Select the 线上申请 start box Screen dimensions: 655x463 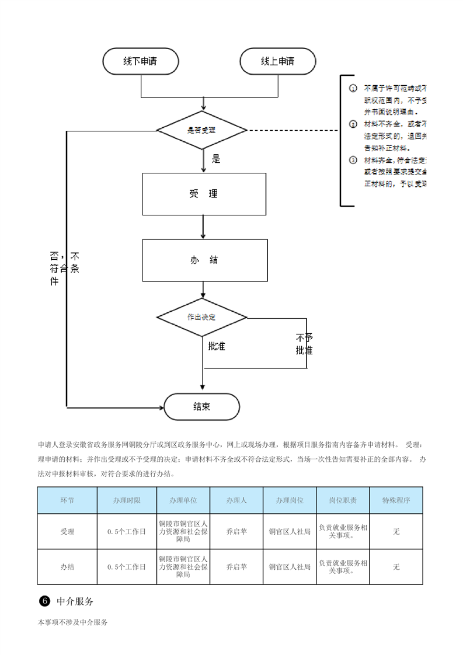[277, 61]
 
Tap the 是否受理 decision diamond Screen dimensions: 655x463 [202, 130]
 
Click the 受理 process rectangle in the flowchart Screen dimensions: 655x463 [204, 194]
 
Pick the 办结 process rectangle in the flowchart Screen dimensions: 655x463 [204, 260]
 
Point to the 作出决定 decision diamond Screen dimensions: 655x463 [202, 317]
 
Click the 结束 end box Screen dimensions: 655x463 [201, 406]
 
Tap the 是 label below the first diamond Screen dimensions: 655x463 [216, 159]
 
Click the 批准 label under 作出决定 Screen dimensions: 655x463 [217, 346]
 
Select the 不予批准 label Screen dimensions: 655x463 [304, 344]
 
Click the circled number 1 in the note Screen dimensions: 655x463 [353, 89]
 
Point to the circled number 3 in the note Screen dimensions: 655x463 [353, 160]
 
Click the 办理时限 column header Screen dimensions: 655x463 [127, 500]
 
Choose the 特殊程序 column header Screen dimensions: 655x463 [396, 500]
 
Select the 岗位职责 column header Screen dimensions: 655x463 [343, 500]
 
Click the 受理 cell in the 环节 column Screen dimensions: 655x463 [67, 531]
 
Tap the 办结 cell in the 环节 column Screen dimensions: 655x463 [67, 566]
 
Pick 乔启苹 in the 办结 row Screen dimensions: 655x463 [236, 566]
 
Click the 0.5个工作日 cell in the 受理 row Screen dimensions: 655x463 [127, 531]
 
